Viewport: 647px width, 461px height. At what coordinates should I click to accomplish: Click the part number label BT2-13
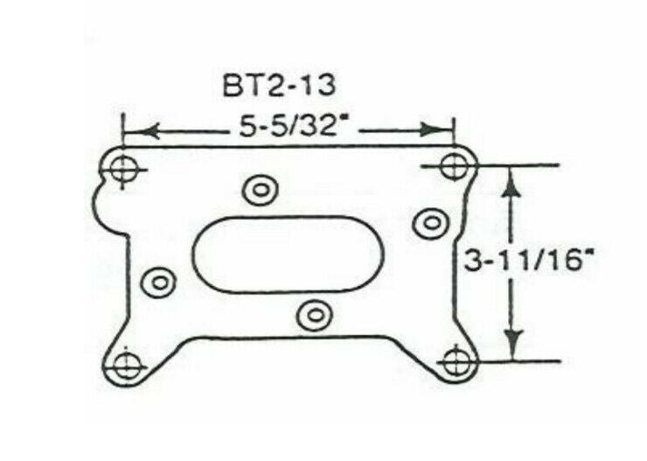(279, 86)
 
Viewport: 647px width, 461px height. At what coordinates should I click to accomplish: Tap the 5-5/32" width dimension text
(292, 126)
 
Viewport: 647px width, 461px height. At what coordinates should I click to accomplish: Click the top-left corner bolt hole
(122, 169)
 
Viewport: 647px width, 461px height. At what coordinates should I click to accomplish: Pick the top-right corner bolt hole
(454, 166)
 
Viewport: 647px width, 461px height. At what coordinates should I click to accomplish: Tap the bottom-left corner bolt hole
(126, 366)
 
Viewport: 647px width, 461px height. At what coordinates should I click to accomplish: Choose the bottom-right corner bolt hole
(456, 363)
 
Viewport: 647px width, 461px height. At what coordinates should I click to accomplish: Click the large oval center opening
(288, 255)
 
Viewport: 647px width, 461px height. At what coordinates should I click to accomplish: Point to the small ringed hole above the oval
(260, 190)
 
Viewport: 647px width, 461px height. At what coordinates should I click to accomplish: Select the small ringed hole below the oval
(316, 316)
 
